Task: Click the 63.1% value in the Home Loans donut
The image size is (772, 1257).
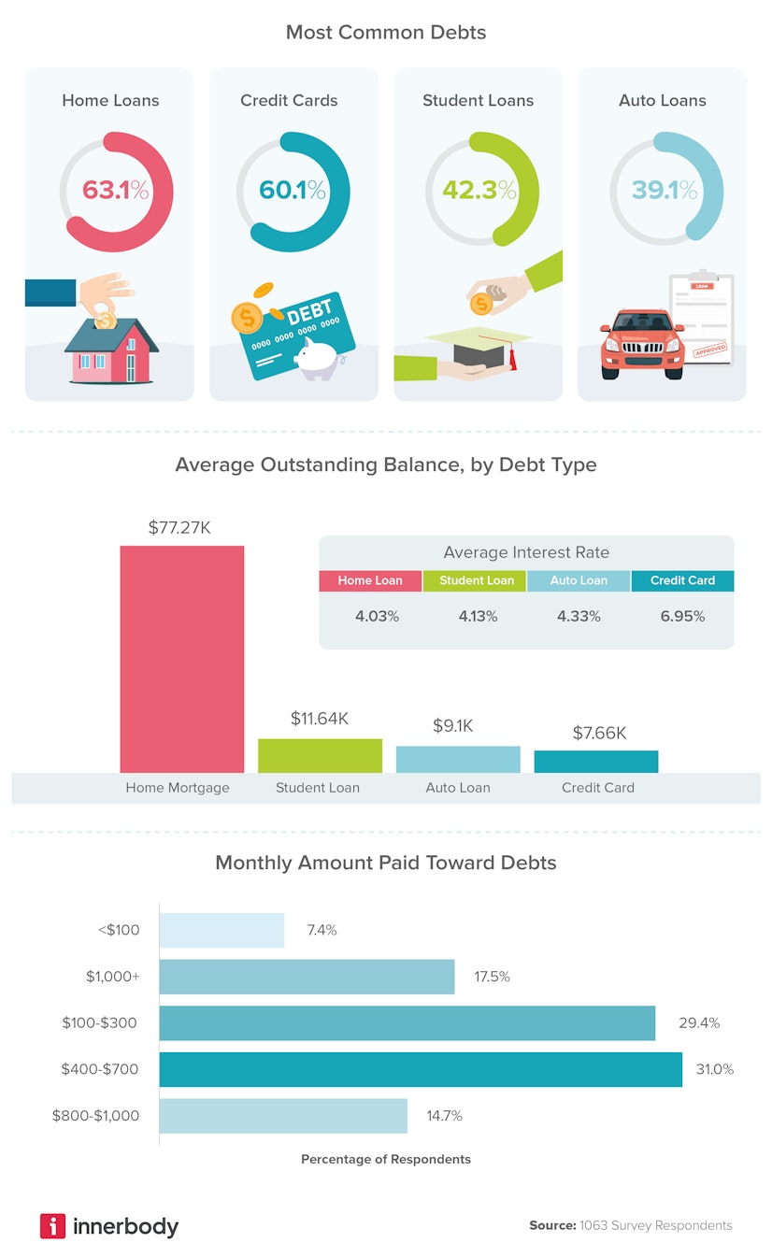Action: [x=115, y=191]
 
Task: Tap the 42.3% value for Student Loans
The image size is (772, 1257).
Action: [x=479, y=191]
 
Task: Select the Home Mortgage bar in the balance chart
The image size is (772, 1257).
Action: [x=181, y=659]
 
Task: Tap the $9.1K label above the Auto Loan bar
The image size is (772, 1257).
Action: [x=458, y=725]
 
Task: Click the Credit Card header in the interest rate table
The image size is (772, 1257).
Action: [x=682, y=580]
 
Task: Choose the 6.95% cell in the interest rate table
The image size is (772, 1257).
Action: [x=682, y=616]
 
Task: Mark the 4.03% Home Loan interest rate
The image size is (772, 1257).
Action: [x=377, y=616]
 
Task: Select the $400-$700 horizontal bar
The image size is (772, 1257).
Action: [x=421, y=1069]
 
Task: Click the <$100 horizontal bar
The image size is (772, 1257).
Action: [x=222, y=930]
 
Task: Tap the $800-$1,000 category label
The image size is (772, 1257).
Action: [x=96, y=1115]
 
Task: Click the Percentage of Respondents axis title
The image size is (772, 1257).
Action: [x=385, y=1159]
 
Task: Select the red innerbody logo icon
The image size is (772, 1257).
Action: [x=52, y=1225]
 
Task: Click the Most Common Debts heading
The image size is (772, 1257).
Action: [x=385, y=33]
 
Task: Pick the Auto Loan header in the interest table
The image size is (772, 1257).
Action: [x=579, y=580]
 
